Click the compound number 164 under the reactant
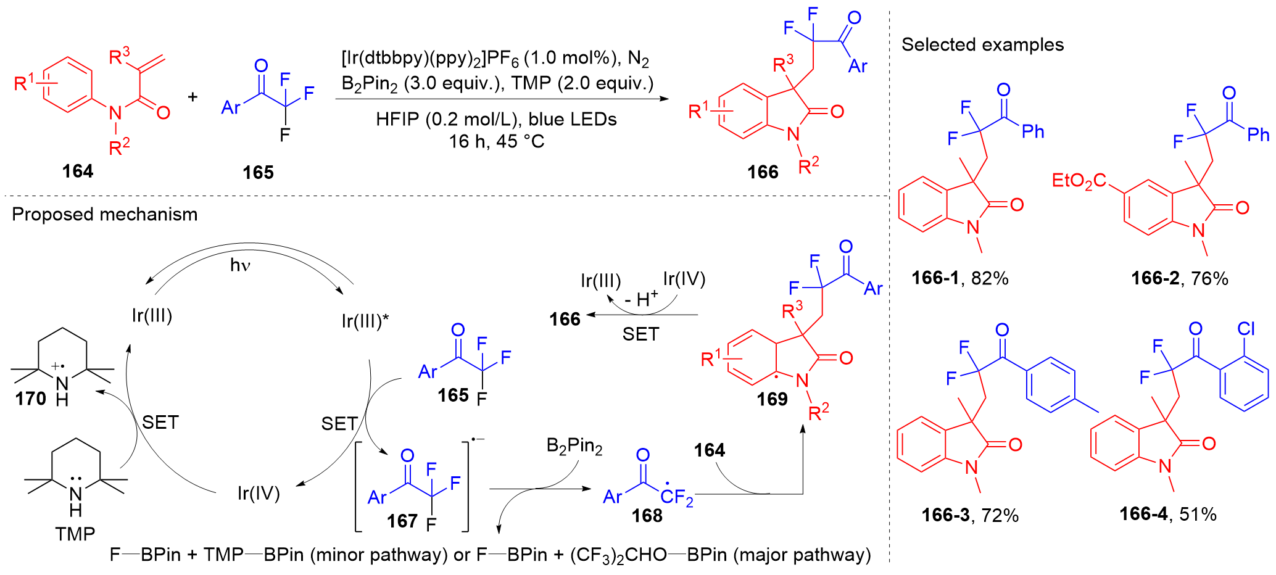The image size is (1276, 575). tap(77, 171)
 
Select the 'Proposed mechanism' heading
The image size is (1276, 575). tap(104, 214)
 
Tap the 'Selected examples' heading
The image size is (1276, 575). tap(982, 44)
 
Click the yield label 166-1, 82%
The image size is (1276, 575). tap(959, 278)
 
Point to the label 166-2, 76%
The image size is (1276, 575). tap(1179, 278)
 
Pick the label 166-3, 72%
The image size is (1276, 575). tap(969, 515)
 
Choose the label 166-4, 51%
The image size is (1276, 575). tap(1167, 514)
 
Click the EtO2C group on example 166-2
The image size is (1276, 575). tap(1078, 181)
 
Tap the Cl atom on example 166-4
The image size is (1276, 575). tap(1246, 329)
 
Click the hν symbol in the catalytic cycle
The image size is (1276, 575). tap(240, 265)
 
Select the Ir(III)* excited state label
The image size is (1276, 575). tap(365, 321)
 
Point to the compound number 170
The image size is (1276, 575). tap(30, 399)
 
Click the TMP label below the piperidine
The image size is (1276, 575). tap(75, 534)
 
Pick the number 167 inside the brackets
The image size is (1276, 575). tap(402, 521)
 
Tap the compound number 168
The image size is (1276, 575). tap(647, 515)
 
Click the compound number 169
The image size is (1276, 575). tap(772, 400)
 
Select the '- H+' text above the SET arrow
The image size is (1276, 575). tap(640, 299)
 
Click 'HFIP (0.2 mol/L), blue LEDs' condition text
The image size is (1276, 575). tap(496, 119)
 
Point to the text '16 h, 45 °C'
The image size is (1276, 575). tap(496, 142)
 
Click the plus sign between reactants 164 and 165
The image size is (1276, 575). tap(193, 97)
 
